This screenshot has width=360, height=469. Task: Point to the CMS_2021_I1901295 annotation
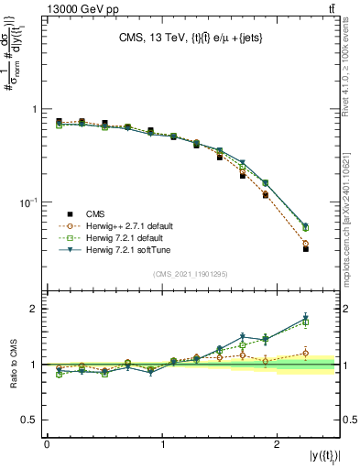[190, 274]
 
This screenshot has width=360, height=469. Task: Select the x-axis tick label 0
[47, 444]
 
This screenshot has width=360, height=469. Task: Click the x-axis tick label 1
[162, 444]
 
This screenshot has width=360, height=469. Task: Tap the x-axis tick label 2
[277, 444]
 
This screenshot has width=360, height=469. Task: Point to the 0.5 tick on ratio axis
[31, 420]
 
